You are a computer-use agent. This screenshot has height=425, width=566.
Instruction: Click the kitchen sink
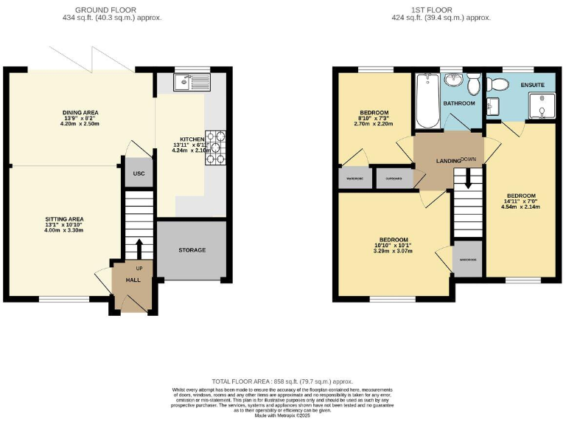pyautogui.click(x=192, y=83)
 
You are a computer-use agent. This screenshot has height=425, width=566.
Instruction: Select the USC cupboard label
pyautogui.click(x=139, y=174)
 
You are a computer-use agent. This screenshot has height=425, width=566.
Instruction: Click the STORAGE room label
pyautogui.click(x=192, y=250)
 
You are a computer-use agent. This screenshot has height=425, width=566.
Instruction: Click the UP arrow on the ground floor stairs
pyautogui.click(x=139, y=246)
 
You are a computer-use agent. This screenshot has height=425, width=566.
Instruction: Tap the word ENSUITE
pyautogui.click(x=532, y=85)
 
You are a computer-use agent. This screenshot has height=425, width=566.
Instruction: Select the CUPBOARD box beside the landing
pyautogui.click(x=393, y=178)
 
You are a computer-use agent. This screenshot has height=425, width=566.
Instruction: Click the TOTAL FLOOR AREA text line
pyautogui.click(x=282, y=381)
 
